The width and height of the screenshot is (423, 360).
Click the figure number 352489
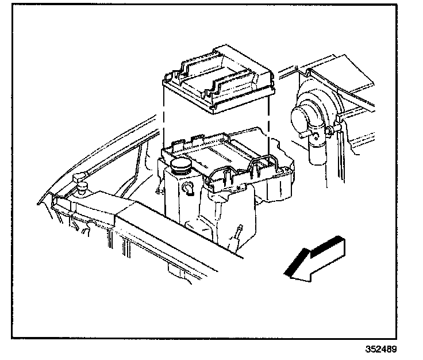pos(380,349)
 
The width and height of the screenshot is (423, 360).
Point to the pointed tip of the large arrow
pos(286,275)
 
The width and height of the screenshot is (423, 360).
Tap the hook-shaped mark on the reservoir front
pos(187,187)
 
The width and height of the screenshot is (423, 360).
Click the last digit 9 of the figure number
pos(394,349)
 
